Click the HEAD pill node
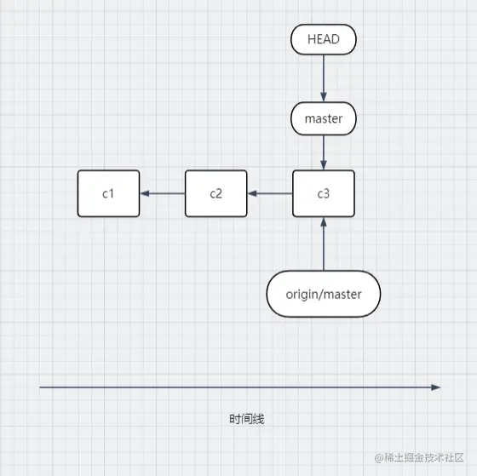point(323,39)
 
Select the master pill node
point(323,118)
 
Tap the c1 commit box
point(108,193)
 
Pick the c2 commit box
point(216,193)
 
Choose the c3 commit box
point(323,193)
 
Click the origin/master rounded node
point(323,294)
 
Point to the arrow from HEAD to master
point(323,78)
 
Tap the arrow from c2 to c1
point(162,193)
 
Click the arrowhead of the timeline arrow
point(435,387)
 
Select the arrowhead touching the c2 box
point(252,193)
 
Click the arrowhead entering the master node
point(323,98)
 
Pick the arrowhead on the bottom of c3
point(323,221)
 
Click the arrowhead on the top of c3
point(323,165)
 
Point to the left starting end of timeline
point(41,387)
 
